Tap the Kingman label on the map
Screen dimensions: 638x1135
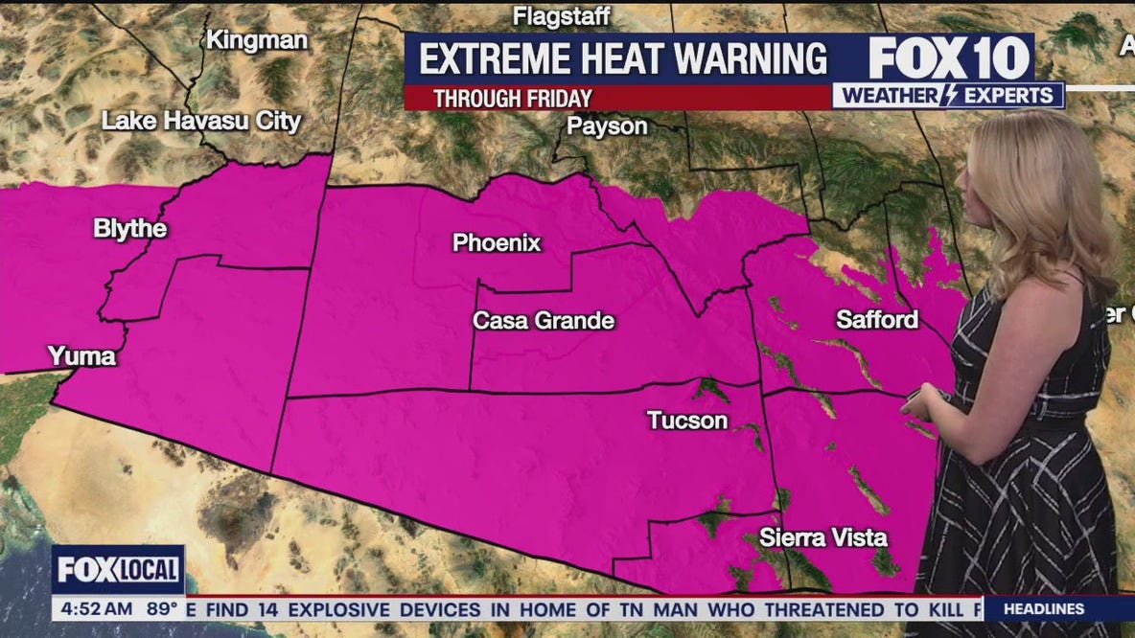pos(257,40)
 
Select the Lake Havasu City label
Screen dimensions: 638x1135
pos(201,122)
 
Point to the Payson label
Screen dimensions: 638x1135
pos(607,125)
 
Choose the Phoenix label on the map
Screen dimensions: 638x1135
pos(497,243)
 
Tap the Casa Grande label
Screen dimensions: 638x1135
pos(544,321)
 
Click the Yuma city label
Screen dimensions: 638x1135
pos(81,356)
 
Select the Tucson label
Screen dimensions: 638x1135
pos(687,420)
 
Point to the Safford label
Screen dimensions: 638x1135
pos(877,319)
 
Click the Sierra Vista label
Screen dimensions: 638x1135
pos(823,537)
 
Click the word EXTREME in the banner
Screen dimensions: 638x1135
pos(495,59)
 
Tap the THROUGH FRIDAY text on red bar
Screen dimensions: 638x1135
pos(512,98)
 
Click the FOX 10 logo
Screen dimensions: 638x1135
pos(949,58)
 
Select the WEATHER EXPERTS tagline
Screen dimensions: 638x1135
pos(948,96)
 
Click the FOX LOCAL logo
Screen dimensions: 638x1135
pos(118,570)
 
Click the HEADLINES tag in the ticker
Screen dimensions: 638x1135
pos(1045,608)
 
